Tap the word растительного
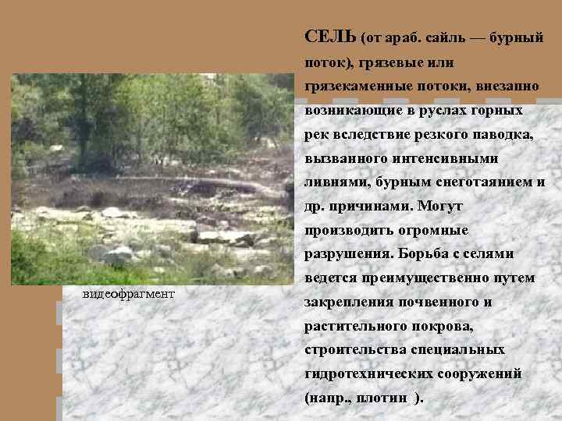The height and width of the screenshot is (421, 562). pos(350,327)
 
